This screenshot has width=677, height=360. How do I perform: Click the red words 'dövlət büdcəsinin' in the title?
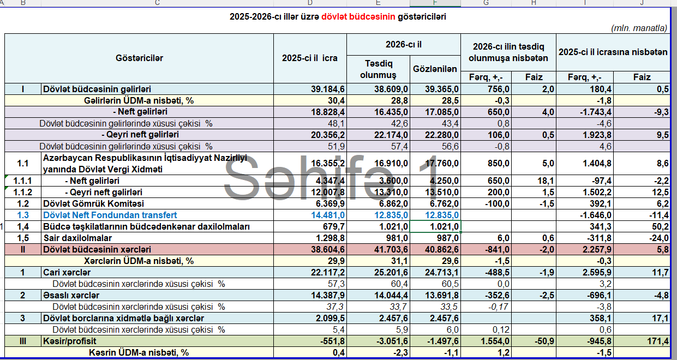358,16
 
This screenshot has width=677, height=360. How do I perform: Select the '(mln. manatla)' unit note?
639,28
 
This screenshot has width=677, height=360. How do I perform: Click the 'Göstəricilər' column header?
139,58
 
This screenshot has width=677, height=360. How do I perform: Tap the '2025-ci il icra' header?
310,58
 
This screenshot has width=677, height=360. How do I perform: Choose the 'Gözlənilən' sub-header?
435,69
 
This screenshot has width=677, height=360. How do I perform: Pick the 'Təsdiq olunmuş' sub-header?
378,69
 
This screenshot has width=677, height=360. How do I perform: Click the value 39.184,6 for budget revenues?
328,89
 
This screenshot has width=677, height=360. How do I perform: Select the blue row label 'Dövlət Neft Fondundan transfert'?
110,215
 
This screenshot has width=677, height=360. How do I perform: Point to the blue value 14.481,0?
328,215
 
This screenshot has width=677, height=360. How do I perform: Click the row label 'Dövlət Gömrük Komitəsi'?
93,204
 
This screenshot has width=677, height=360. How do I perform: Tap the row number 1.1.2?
23,192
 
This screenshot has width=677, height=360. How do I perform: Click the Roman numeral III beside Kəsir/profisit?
23,341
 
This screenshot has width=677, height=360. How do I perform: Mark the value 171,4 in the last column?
658,341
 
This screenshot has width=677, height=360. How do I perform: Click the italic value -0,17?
499,307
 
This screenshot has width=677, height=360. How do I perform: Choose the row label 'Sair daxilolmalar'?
77,238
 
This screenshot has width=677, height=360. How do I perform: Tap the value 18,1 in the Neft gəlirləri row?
546,181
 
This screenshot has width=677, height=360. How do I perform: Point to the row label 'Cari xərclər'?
67,273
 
